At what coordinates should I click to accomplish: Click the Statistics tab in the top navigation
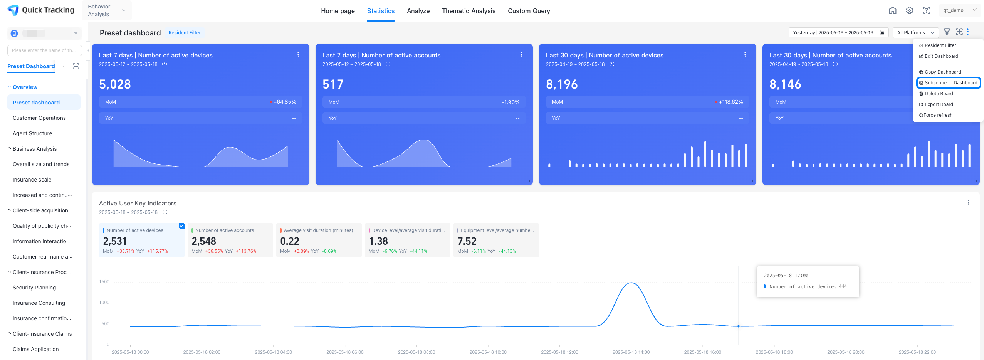coord(381,11)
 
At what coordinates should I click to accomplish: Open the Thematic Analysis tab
coord(468,11)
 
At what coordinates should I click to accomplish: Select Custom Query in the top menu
coord(529,11)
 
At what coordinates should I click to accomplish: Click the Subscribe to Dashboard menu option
coord(949,83)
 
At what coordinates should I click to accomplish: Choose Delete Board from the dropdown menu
coord(939,94)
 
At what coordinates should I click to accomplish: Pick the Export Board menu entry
coord(939,104)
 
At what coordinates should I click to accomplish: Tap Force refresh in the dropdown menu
coord(937,115)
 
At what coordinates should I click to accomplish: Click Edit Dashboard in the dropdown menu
coord(941,56)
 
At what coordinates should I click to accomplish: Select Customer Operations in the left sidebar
coord(39,118)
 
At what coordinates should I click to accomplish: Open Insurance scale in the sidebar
coord(32,180)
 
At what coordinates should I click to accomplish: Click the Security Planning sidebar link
coord(34,288)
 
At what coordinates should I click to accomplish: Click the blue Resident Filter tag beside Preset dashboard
coord(185,33)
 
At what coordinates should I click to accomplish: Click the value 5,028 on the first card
coord(115,84)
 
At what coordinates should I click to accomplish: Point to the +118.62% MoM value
coord(730,102)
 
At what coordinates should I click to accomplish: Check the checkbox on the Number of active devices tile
coord(182,226)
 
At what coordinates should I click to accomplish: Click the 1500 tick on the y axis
coord(104,282)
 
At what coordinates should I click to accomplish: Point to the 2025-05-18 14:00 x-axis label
coord(631,352)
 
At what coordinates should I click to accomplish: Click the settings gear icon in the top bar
coord(909,11)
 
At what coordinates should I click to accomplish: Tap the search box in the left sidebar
coord(44,50)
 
